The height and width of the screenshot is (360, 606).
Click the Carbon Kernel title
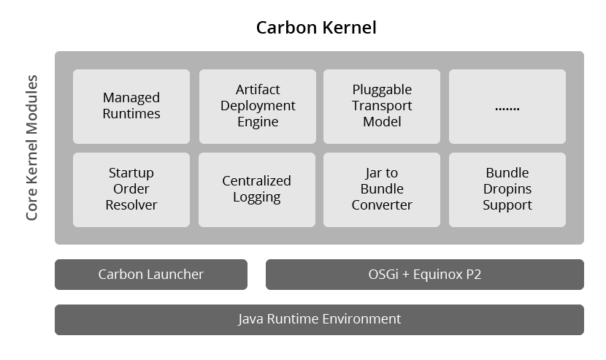click(x=316, y=28)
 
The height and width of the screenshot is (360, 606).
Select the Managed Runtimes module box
click(x=131, y=106)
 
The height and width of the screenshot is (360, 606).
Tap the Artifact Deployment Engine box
click(x=258, y=106)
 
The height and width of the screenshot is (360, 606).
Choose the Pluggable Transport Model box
click(x=382, y=106)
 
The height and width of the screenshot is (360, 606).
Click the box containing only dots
click(x=507, y=106)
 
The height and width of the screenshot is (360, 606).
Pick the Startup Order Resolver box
click(x=131, y=189)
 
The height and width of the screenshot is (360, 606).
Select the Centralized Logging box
click(x=257, y=189)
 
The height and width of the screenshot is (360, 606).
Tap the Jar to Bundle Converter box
click(x=382, y=189)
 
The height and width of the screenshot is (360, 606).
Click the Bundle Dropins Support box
click(x=507, y=189)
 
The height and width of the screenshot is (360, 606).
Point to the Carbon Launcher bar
click(x=151, y=275)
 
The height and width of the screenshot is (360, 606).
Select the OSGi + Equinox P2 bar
click(x=425, y=275)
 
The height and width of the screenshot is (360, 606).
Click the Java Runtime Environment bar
click(x=319, y=319)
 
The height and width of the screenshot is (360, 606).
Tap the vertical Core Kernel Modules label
click(x=31, y=147)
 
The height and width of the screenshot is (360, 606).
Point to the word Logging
click(x=257, y=197)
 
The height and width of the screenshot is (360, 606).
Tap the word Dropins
click(x=507, y=189)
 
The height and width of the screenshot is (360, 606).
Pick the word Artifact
click(x=258, y=90)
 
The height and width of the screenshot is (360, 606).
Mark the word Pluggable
click(x=382, y=90)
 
